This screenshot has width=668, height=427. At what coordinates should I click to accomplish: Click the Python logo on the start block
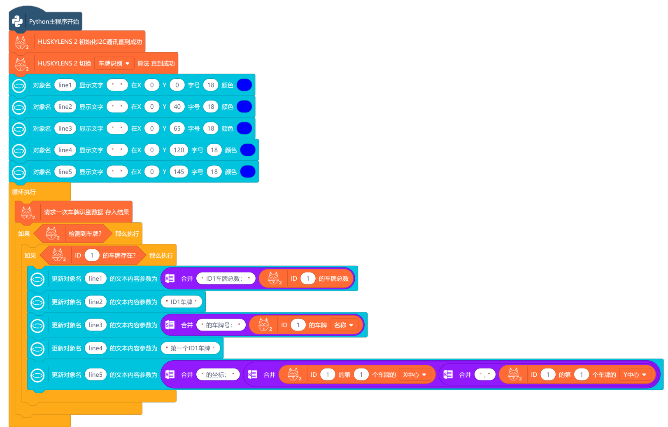[17, 21]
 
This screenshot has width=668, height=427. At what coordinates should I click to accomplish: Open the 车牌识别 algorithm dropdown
[114, 63]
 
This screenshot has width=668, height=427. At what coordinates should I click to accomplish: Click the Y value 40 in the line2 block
[177, 107]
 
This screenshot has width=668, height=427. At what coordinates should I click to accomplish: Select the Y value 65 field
[177, 128]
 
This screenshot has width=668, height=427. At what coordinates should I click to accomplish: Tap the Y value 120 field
[179, 150]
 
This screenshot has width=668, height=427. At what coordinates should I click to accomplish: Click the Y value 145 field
[179, 171]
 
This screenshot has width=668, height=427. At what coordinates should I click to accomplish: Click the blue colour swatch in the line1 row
[244, 85]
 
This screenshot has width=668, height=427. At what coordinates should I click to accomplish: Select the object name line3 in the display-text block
[65, 128]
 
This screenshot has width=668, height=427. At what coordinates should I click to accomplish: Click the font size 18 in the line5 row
[214, 171]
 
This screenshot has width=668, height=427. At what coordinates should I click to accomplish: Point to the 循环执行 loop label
[24, 192]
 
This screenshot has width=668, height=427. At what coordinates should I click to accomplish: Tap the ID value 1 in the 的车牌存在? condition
[92, 255]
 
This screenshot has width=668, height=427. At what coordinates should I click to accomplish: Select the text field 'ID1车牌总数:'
[226, 279]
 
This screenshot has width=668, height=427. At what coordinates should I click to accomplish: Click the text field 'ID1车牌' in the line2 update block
[182, 302]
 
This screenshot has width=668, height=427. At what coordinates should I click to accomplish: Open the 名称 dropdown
[344, 325]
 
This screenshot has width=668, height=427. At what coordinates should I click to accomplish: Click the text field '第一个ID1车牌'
[190, 348]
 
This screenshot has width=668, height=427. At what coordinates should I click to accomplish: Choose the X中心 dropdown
[414, 375]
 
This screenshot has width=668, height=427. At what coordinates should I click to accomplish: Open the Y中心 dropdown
[635, 375]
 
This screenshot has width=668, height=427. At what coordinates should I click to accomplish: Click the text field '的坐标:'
[218, 375]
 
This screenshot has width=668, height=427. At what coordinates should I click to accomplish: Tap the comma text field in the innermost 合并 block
[484, 375]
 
